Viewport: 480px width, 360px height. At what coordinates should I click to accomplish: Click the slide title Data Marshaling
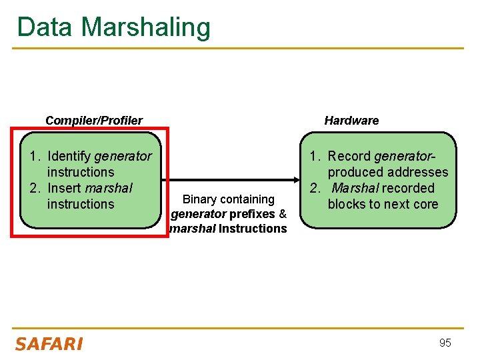(113, 27)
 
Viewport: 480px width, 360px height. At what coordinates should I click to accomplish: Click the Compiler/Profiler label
(93, 121)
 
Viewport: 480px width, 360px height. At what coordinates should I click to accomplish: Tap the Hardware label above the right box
(351, 121)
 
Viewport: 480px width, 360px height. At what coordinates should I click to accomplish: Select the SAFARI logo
(49, 344)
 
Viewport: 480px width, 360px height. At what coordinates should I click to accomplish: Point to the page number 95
(445, 343)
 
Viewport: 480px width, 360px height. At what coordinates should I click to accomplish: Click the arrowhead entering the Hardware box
(295, 180)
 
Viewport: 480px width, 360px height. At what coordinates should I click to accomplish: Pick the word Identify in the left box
(69, 156)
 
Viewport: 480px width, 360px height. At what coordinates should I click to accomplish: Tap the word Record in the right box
(349, 156)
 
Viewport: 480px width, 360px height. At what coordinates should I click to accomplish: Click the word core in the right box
(425, 204)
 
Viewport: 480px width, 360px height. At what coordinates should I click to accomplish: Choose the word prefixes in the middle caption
(252, 214)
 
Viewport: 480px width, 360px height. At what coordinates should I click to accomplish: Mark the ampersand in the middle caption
(283, 214)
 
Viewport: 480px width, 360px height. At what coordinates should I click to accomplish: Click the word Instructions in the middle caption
(253, 229)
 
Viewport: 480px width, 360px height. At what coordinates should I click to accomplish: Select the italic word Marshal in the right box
(356, 188)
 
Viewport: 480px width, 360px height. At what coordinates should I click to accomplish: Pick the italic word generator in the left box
(123, 156)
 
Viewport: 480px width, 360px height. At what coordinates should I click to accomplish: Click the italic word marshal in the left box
(109, 188)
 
